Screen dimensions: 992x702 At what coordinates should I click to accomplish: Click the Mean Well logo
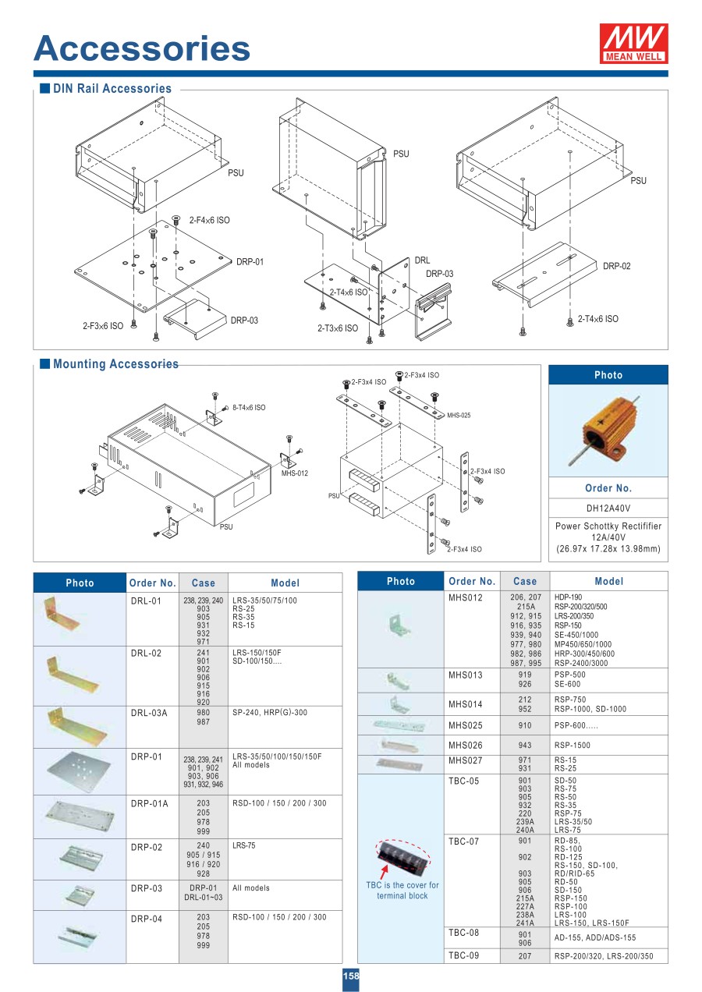pos(633,43)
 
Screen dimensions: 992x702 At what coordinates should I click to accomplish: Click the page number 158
pos(351,976)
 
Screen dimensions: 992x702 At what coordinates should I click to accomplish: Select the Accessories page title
pos(142,48)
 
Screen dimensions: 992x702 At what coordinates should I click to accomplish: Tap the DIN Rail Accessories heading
pos(112,89)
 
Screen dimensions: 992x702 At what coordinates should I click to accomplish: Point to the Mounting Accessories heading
pos(115,364)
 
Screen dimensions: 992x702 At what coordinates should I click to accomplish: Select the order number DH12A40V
pos(608,508)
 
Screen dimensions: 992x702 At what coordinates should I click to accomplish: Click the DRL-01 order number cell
pos(146,601)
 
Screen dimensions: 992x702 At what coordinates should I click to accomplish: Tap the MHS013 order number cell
pos(466,675)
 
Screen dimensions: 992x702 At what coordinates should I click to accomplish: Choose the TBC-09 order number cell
pos(463,955)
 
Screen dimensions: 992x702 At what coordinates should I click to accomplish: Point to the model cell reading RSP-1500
pos(573,745)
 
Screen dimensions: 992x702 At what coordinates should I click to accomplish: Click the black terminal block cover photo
pos(403,857)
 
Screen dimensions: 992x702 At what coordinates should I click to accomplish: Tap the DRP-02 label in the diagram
pos(616,266)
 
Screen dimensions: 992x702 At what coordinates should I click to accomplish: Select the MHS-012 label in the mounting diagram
pos(294,473)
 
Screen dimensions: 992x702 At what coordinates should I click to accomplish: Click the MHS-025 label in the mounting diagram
pos(459,416)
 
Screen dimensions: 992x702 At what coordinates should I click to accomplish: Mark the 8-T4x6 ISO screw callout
pos(249,407)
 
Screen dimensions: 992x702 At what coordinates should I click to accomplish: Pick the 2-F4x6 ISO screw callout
pos(209,221)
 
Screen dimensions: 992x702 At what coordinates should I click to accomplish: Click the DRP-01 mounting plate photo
pos(80,771)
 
